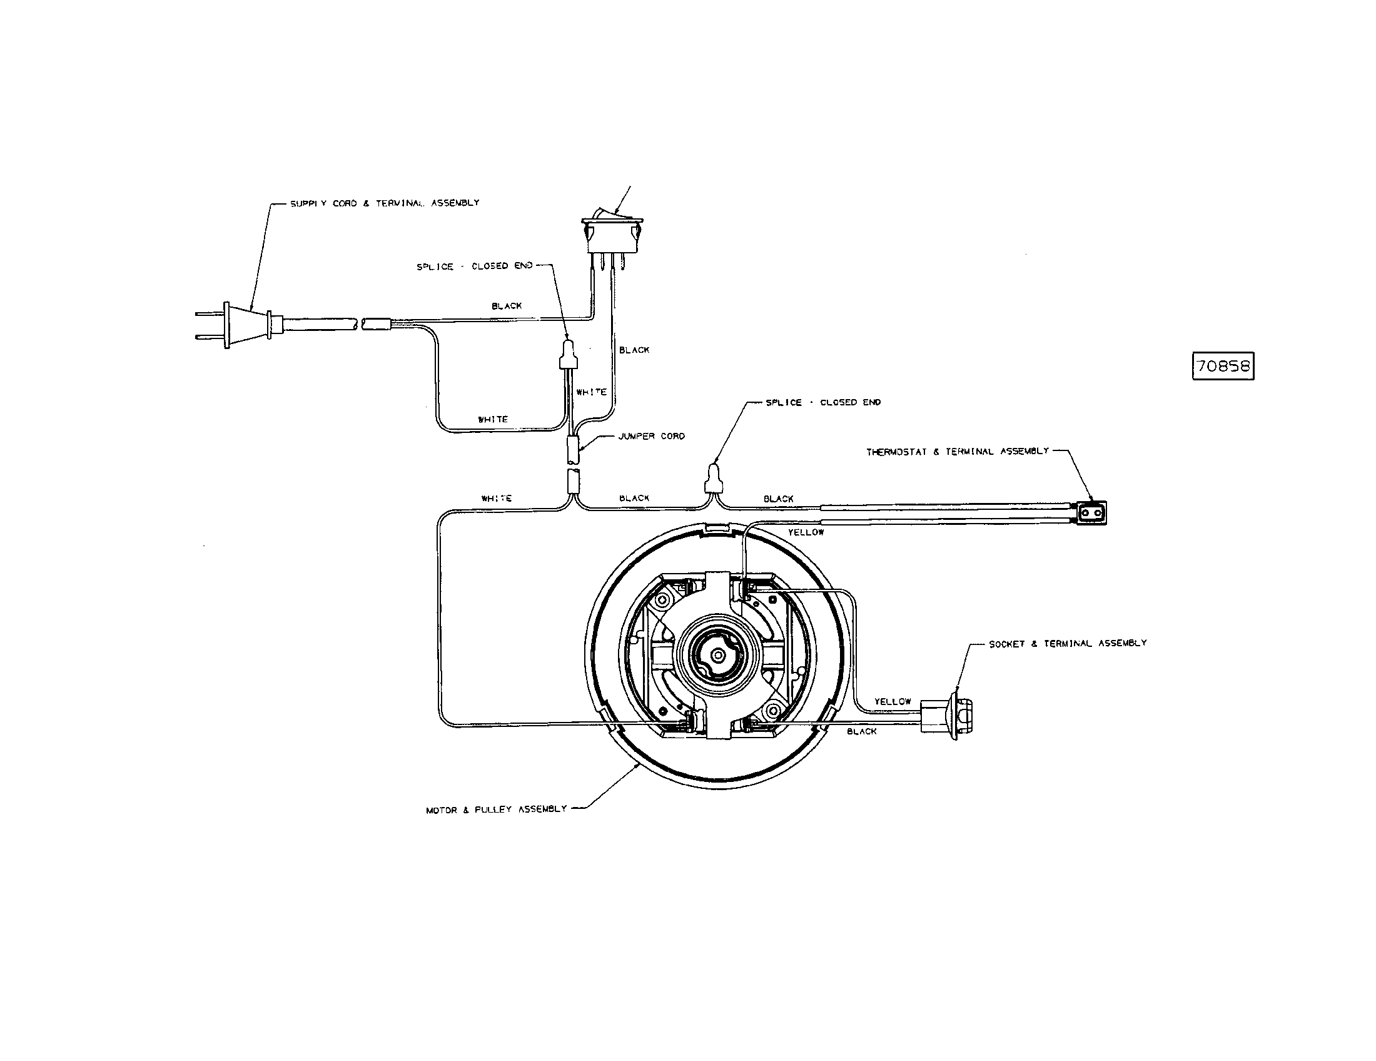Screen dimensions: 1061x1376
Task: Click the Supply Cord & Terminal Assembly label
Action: pos(384,203)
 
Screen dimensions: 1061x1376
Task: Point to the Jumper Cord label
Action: pos(652,436)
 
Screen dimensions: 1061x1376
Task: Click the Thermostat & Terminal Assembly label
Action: pos(958,452)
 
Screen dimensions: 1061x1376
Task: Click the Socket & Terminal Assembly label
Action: pos(1067,643)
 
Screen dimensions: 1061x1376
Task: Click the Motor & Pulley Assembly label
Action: pos(497,810)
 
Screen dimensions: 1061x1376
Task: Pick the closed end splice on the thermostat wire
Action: pos(713,479)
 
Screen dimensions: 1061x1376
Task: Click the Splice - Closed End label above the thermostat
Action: pos(823,403)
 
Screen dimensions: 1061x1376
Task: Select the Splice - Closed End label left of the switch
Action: pos(475,267)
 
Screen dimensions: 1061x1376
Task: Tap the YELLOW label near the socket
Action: pos(892,701)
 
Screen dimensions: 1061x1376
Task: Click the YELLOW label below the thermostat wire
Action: pos(806,532)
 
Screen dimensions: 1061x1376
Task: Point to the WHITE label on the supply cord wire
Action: pos(493,419)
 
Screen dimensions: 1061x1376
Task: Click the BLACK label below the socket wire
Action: pos(862,731)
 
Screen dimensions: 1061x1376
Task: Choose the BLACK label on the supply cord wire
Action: pos(507,306)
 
